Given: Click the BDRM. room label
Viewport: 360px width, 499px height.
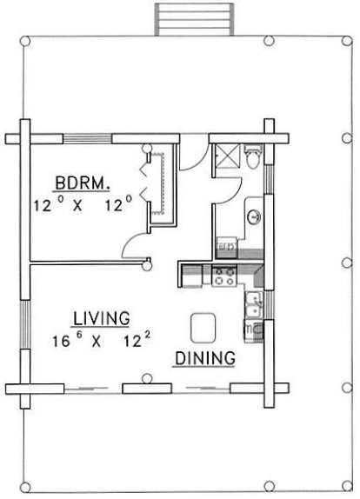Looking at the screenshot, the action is coord(83,183).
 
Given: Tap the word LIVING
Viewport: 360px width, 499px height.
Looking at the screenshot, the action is coord(102,318).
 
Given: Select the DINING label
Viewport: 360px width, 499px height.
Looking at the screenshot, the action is coord(205,358).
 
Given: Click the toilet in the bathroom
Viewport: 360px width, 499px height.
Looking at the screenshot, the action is coord(254,156).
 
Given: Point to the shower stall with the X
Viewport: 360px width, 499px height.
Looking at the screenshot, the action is coord(227,156).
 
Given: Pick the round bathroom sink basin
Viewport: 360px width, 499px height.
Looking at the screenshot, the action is coord(254,217).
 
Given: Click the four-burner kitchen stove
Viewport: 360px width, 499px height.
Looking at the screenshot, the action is coord(224,276).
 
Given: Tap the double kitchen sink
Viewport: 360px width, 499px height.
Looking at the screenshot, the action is coord(254,305).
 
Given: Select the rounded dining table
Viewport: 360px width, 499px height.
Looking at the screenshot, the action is coord(203,328).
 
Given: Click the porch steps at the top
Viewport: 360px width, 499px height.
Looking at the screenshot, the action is coord(194,19).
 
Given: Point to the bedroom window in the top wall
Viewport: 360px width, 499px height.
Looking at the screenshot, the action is coord(87,139).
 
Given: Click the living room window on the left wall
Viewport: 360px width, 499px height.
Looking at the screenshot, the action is coord(25,324).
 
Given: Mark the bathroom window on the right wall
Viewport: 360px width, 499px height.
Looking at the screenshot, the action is coord(269,179).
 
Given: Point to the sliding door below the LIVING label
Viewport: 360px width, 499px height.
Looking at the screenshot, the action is coord(93,389).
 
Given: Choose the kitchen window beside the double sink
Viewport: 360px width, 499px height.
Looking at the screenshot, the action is coord(270,305).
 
